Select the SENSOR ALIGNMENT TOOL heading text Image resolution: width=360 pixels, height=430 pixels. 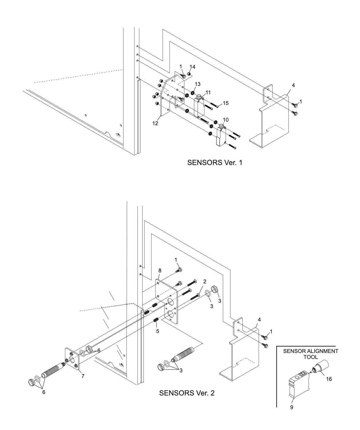(311, 354)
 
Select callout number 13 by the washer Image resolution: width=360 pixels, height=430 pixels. (198, 84)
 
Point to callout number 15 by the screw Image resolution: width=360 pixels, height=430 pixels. (226, 103)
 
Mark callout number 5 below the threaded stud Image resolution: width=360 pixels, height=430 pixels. (158, 331)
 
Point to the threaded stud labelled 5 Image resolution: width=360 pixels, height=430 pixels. (155, 320)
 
